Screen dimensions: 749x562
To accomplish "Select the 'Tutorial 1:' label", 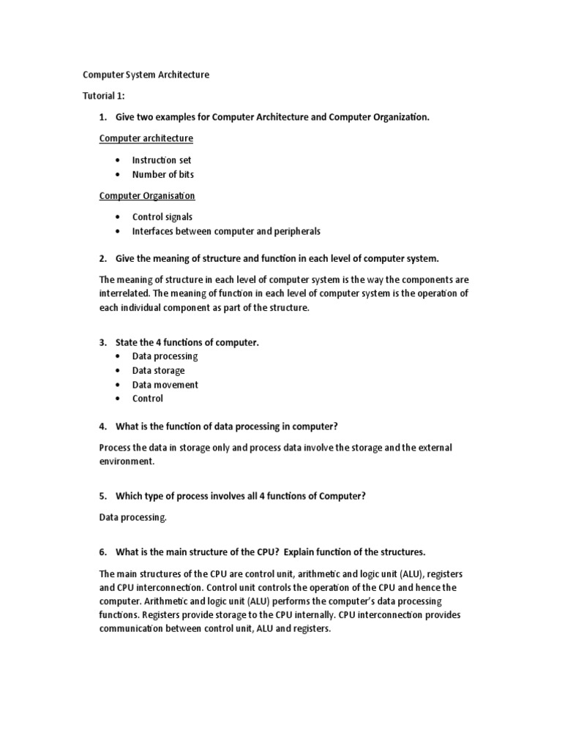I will point(103,96).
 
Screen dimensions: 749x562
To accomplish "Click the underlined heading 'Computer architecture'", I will point(146,138).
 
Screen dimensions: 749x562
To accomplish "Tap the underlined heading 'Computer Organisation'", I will point(147,195).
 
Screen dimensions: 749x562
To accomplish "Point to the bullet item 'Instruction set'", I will point(162,160).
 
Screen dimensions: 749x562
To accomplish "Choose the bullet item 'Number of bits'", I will point(162,174).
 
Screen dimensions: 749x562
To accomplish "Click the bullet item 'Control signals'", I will point(162,217).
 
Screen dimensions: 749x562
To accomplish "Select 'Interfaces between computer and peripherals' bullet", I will point(226,231).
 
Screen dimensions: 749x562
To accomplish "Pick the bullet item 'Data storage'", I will point(158,370).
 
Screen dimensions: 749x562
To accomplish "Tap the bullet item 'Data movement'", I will point(165,385).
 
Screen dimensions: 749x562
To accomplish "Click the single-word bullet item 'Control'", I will point(147,399).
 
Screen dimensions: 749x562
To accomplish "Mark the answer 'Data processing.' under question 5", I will point(133,517).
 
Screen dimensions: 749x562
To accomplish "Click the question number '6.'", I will point(103,552).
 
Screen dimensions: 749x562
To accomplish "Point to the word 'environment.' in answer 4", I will point(127,462).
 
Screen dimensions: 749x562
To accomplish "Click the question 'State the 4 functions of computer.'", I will point(187,342).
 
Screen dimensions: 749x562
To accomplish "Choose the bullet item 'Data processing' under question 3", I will point(165,356).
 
